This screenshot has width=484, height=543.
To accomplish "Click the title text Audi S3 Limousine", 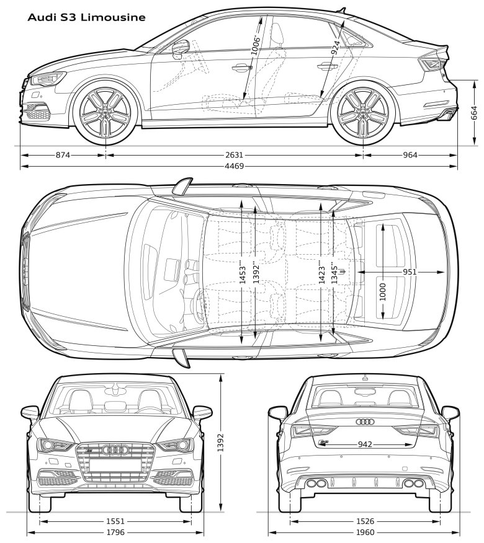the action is pos(86,17).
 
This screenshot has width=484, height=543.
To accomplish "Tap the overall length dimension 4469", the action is pos(235,166).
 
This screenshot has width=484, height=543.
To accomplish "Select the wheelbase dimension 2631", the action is pos(235,155).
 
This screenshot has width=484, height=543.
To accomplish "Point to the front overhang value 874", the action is pos(63,155).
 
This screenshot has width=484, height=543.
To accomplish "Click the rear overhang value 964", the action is pos(410,155).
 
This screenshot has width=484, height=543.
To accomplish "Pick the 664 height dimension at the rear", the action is pos(474,113).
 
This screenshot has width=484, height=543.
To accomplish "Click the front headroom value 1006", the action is pos(256,45).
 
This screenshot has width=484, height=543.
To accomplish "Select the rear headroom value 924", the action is pos(335,48).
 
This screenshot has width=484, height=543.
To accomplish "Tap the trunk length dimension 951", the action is pos(410,272).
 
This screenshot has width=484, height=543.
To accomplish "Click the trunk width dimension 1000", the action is pos(383,293).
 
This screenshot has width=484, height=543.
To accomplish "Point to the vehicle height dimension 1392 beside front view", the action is pos(221,443).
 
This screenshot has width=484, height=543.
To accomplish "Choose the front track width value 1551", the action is pos(115,521).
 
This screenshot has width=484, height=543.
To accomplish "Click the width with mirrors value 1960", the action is pos(365,532).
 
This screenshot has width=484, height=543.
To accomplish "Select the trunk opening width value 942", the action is pos(365,444).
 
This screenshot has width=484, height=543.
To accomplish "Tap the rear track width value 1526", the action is pos(365,521).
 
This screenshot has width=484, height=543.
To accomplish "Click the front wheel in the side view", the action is pos(105,113).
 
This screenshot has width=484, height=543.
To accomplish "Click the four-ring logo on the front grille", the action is pos(115,449).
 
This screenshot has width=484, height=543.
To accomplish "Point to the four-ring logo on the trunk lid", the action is pos(365,422).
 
